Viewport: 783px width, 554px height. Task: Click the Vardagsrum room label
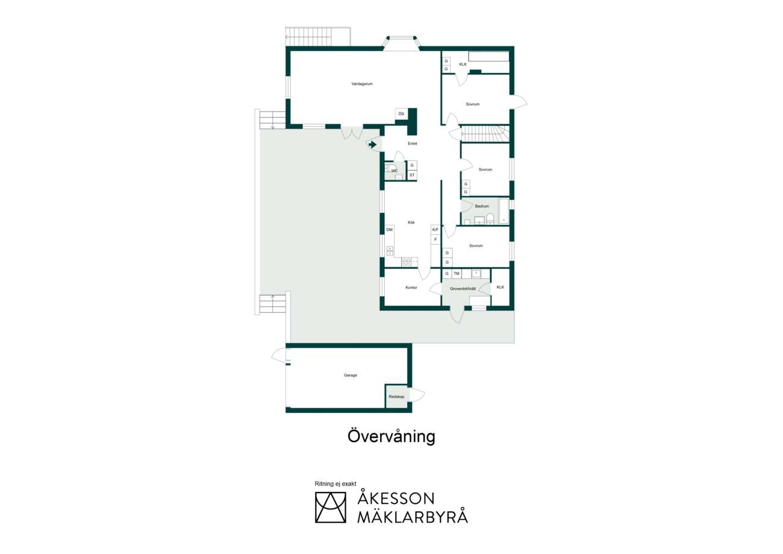[362, 84]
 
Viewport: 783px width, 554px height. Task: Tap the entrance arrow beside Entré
[372, 145]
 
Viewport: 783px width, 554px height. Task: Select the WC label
[395, 171]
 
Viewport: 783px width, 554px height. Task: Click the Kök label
[411, 222]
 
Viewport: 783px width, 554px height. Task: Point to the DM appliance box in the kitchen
[390, 230]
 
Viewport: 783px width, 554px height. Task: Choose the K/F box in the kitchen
[435, 230]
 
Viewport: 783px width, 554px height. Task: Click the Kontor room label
[411, 288]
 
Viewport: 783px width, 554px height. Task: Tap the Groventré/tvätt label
[463, 289]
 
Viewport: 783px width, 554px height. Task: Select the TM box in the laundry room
[457, 274]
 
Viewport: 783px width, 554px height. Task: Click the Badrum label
[482, 206]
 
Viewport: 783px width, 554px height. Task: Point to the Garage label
[351, 376]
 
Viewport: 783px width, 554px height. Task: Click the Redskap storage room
[396, 396]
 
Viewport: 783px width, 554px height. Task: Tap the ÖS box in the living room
[401, 114]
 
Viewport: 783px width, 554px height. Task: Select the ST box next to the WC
[412, 175]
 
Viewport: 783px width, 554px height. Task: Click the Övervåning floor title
[391, 436]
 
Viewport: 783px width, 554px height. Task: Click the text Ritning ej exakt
[335, 483]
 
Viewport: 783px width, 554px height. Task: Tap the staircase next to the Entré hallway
[485, 134]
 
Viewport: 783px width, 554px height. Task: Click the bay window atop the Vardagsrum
[401, 43]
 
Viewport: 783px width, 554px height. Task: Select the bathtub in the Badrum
[504, 212]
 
